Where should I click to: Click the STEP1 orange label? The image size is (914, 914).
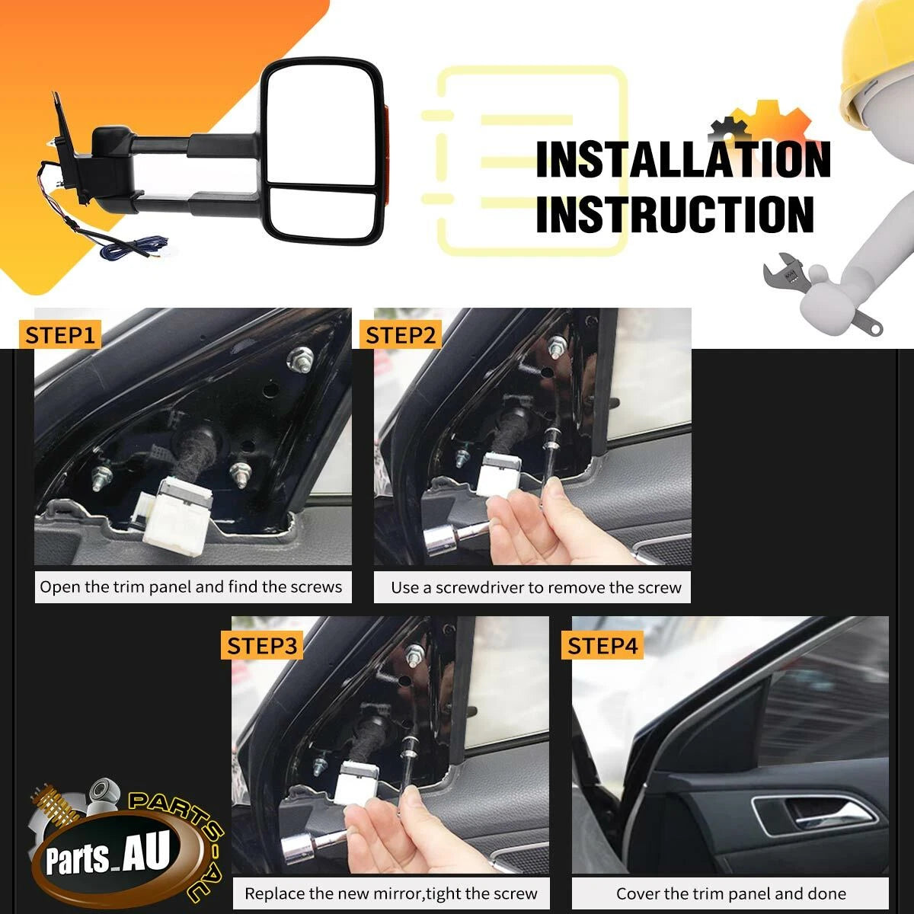59,335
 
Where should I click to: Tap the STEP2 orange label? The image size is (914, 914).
401,335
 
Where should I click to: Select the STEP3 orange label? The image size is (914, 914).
262,646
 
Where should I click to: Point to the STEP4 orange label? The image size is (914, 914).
602,646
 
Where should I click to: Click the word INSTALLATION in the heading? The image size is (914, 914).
683,159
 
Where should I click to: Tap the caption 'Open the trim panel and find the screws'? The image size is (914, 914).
190,586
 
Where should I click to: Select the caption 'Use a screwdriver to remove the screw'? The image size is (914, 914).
536,588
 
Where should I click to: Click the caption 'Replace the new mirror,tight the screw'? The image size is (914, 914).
391,893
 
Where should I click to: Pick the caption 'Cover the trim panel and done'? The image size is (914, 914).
731,893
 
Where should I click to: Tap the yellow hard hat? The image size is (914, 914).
875,62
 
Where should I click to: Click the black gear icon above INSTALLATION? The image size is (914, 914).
729,129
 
